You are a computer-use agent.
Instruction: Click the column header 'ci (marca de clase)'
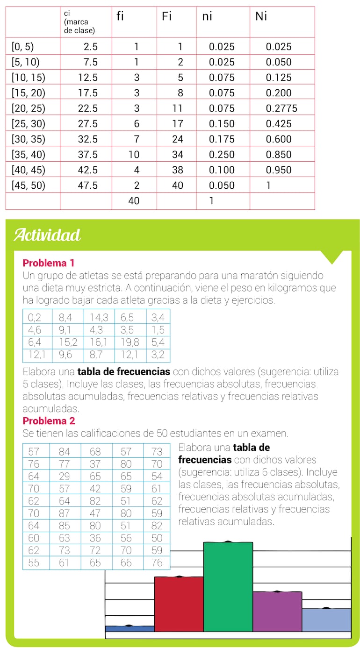(x=79, y=22)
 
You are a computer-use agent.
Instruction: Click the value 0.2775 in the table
(x=281, y=108)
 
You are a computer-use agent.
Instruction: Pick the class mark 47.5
(x=88, y=185)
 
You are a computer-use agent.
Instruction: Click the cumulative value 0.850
(x=279, y=155)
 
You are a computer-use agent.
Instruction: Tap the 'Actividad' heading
(x=47, y=235)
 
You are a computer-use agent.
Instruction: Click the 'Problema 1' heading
(x=49, y=263)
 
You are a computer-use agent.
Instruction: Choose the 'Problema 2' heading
(x=49, y=421)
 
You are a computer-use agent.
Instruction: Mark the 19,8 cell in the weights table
(x=130, y=342)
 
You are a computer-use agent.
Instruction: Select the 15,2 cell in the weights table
(x=68, y=342)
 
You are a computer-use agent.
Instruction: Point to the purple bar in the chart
(x=277, y=612)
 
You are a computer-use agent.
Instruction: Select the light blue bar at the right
(x=326, y=620)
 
